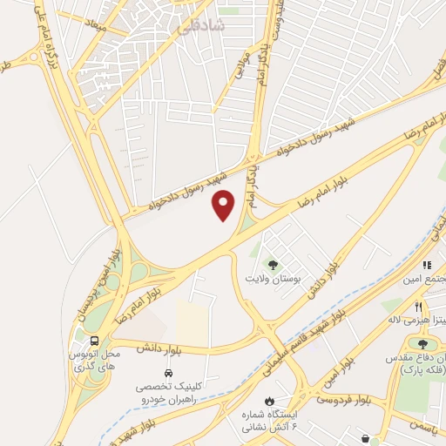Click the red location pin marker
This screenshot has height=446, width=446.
(x=224, y=205)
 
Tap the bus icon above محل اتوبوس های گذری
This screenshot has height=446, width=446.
(x=94, y=341)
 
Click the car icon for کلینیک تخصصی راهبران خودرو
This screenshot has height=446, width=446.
(x=167, y=369)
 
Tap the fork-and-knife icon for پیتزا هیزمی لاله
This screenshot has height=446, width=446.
(x=419, y=307)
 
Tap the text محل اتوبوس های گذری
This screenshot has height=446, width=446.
(x=93, y=362)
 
